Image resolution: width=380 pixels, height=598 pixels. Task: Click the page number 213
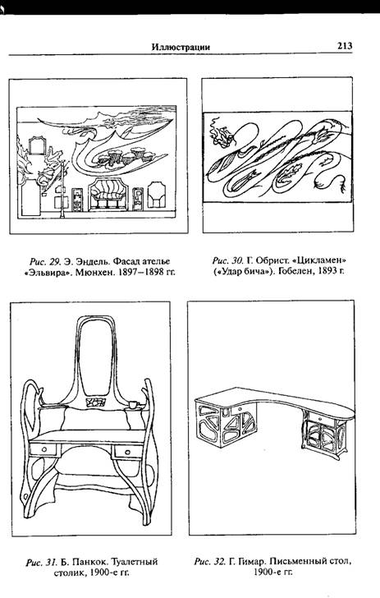tap(345, 46)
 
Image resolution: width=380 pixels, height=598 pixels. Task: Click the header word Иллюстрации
tap(181, 47)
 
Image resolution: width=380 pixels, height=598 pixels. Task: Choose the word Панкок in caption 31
tap(89, 562)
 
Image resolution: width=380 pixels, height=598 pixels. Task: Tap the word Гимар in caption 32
tap(252, 561)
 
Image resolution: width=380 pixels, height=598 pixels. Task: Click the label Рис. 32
tap(209, 561)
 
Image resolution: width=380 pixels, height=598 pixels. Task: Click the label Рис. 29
tap(45, 261)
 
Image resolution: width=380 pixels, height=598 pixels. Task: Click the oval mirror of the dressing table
tap(97, 356)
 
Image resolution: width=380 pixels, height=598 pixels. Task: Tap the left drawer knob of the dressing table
tap(43, 450)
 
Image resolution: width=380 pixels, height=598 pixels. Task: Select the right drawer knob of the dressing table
tap(128, 453)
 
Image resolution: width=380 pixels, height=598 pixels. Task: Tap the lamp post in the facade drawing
tap(62, 189)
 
